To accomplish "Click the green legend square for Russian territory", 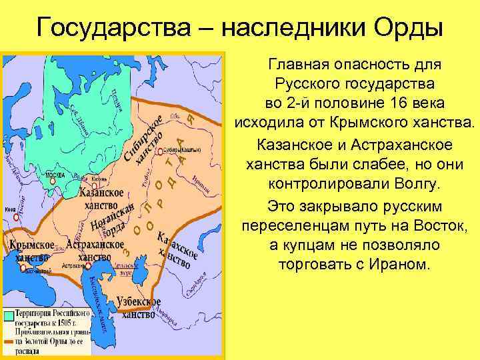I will tap(9, 316).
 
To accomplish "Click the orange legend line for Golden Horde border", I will tap(9, 341).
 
